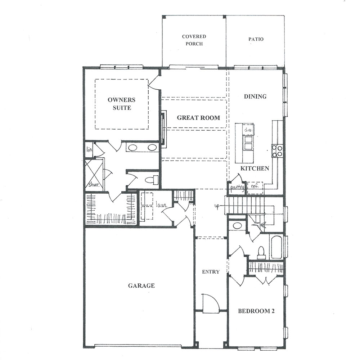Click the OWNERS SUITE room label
tap(122, 104)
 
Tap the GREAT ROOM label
tap(198, 118)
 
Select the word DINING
tap(255, 96)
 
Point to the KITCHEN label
tap(255, 168)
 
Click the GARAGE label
tap(141, 285)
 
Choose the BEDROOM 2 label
tap(256, 311)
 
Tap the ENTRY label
tap(211, 272)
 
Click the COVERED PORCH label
tap(194, 40)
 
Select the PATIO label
tap(256, 39)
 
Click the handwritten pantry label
tap(237, 187)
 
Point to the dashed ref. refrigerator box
tap(255, 188)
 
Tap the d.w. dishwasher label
tap(248, 130)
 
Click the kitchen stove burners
tap(277, 151)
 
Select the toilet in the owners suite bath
tap(152, 180)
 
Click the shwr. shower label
tap(94, 185)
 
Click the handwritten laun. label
tap(161, 205)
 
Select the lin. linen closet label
tap(89, 149)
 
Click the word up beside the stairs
tap(217, 206)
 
